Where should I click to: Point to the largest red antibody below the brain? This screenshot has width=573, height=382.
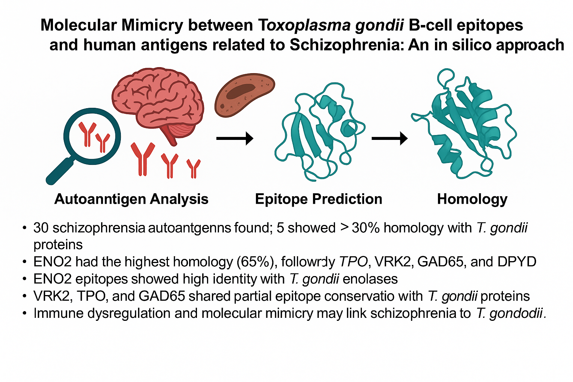pyautogui.click(x=143, y=159)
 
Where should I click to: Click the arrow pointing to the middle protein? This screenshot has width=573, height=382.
pyautogui.click(x=235, y=138)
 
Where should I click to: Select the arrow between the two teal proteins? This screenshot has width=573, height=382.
pyautogui.click(x=389, y=138)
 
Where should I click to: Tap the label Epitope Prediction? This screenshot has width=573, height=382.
pyautogui.click(x=319, y=199)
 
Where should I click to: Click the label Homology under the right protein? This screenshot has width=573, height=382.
pyautogui.click(x=472, y=199)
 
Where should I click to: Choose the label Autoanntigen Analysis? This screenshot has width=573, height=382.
pyautogui.click(x=131, y=199)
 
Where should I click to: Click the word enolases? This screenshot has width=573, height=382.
pyautogui.click(x=370, y=279)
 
